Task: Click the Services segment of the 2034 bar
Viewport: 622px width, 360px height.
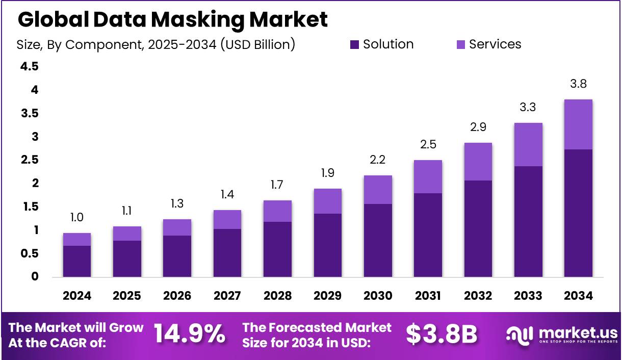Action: click(578, 124)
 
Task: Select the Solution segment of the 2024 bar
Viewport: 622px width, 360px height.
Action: click(76, 261)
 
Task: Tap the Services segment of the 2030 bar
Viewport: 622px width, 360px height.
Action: click(378, 190)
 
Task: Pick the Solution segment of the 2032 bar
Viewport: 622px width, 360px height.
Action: click(478, 228)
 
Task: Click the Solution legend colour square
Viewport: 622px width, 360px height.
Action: click(355, 45)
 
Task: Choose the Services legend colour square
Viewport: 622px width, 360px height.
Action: click(461, 45)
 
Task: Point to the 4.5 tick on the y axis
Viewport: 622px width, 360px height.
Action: click(29, 67)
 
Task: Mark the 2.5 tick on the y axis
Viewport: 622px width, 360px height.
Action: click(29, 160)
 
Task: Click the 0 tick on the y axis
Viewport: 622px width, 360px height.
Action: click(35, 277)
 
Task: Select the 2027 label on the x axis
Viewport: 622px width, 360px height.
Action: click(227, 296)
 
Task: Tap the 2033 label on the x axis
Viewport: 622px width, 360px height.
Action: click(528, 296)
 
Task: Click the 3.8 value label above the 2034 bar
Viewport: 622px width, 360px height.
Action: click(578, 84)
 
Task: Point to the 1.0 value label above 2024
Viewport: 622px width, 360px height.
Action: click(76, 218)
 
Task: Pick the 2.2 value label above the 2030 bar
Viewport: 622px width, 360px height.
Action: click(378, 160)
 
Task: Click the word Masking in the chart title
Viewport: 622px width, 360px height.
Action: click(199, 19)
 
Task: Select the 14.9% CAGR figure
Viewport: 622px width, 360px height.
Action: click(189, 335)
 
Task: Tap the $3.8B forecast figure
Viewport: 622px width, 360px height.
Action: click(442, 335)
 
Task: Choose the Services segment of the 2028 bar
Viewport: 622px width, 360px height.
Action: click(277, 211)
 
